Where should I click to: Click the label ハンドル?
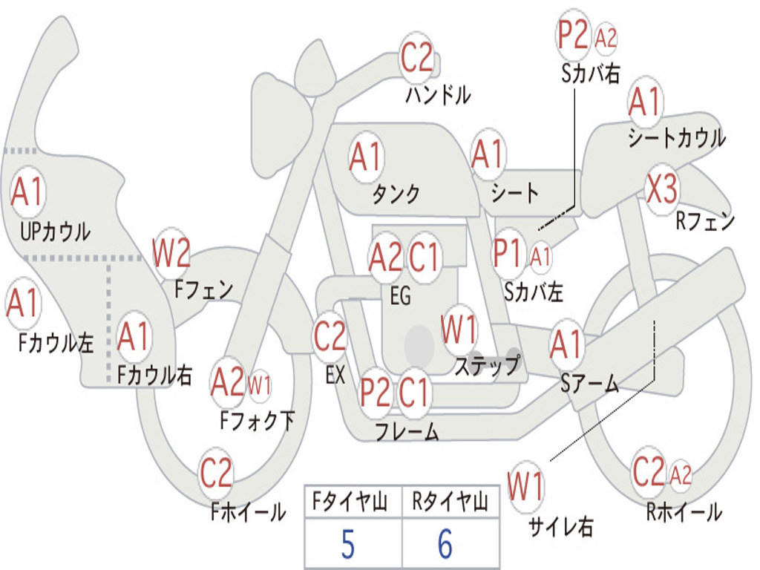pos(438,94)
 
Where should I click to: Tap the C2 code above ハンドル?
pos(416,57)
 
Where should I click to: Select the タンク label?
pos(396,194)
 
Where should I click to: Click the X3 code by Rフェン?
pos(661,189)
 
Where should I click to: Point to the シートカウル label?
pos(677,137)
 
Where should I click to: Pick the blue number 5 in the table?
pos(348,544)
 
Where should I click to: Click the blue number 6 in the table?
pos(445,544)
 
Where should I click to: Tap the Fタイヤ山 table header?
pos(350,501)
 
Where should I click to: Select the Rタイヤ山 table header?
pos(451,501)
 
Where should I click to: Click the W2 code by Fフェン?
pos(171,252)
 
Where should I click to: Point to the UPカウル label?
pos(55,232)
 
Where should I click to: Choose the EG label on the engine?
pos(401,295)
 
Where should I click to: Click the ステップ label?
pos(487,365)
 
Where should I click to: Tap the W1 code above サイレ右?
pos(526,486)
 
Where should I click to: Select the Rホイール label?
pos(684,512)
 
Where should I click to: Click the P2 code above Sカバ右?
pos(573,35)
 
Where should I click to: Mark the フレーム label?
pos(407,431)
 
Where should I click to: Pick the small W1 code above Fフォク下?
pos(259,386)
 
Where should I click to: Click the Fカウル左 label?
pos(56,343)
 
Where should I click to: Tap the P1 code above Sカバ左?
pos(508,253)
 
